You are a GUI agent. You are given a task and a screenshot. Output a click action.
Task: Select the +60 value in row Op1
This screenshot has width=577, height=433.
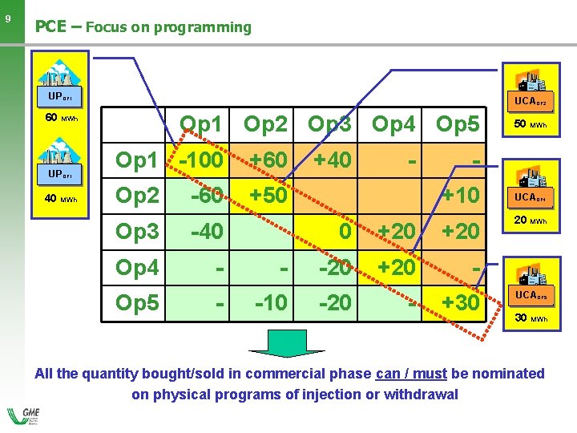pyautogui.click(x=268, y=160)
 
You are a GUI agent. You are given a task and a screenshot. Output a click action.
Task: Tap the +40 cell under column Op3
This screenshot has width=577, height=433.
pyautogui.click(x=332, y=160)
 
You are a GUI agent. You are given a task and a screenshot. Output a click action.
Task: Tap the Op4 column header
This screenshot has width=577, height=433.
pyautogui.click(x=394, y=125)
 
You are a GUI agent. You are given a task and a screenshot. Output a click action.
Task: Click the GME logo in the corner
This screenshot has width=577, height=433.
pyautogui.click(x=25, y=417)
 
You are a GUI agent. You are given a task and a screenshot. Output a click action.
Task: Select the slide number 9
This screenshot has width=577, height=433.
pyautogui.click(x=7, y=18)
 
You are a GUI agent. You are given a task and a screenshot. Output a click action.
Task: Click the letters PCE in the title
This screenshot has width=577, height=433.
pyautogui.click(x=50, y=26)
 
